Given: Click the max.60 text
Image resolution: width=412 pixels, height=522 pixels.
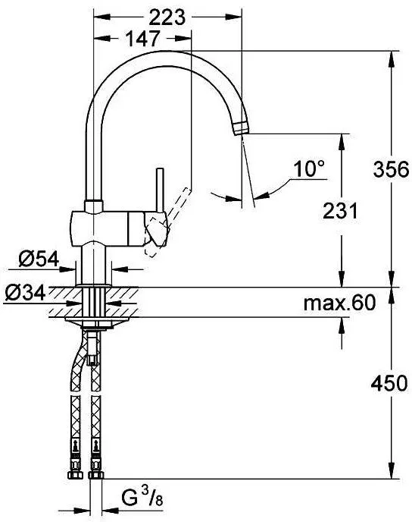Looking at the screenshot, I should coord(339,304).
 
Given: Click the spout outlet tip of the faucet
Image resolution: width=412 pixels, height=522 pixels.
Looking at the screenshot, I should coord(242,127).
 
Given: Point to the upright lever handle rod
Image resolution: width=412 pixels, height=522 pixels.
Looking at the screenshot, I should coord(160,189).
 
